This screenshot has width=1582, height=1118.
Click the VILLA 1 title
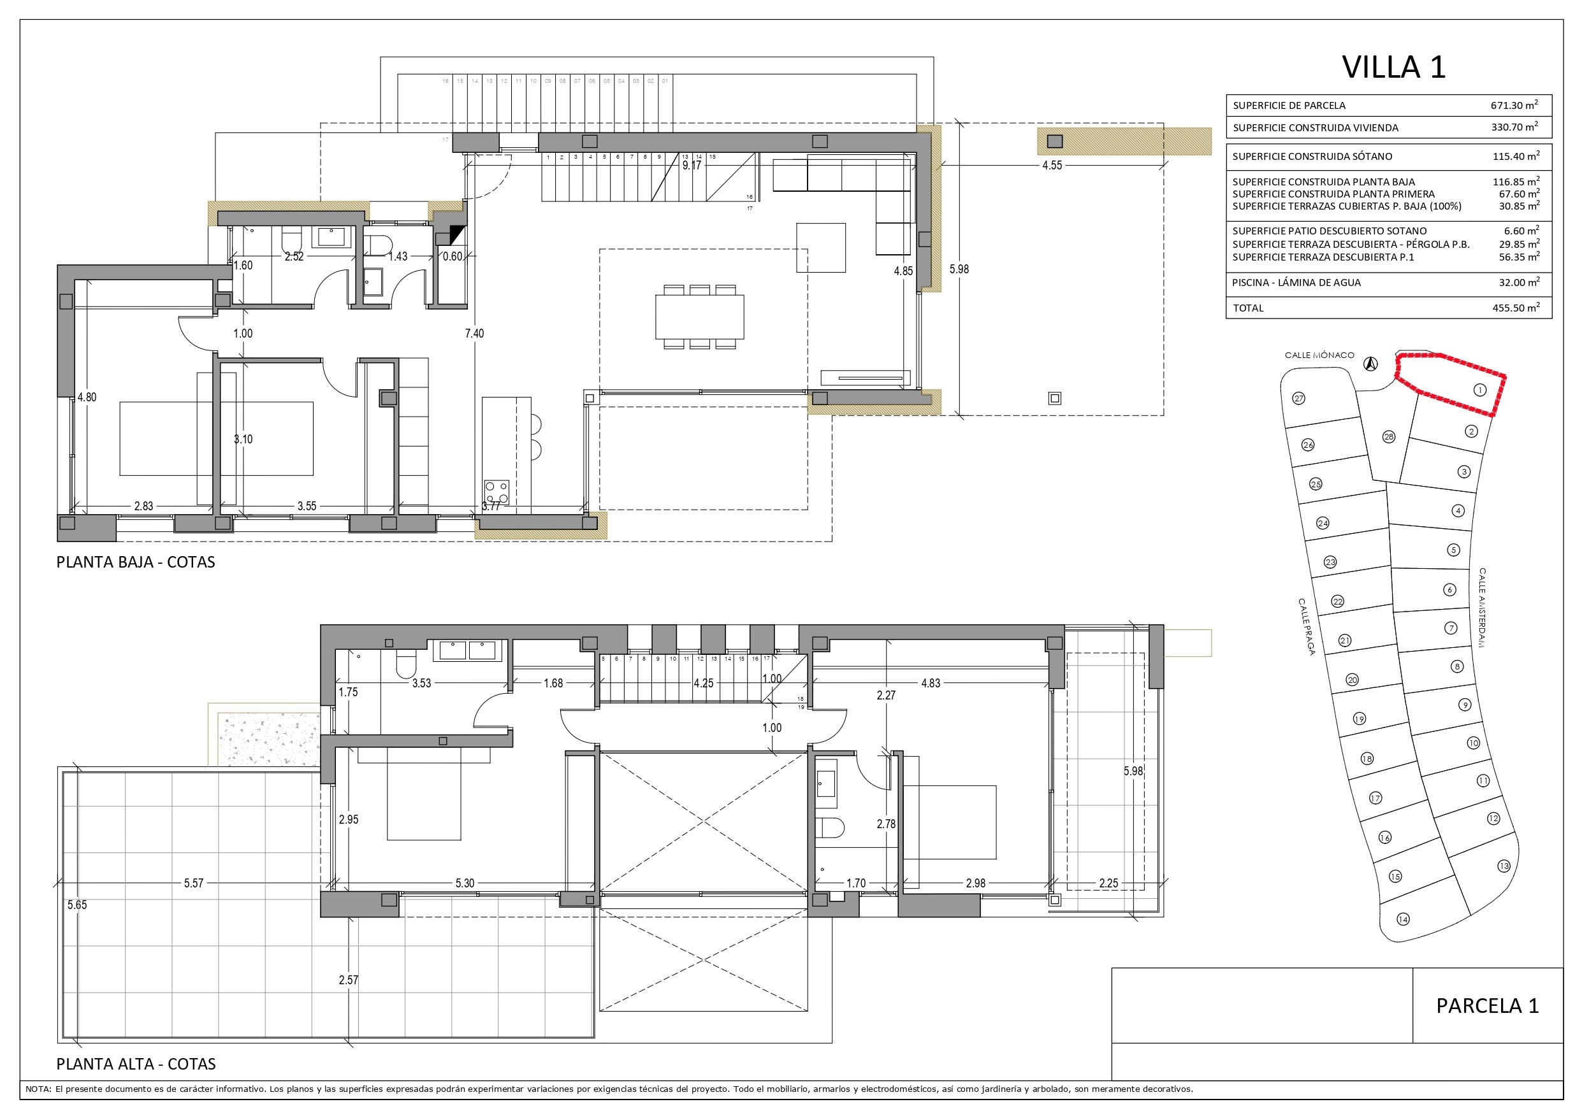click(1393, 67)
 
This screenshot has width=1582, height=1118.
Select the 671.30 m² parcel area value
click(1514, 105)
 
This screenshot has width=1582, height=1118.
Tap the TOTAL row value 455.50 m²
click(1515, 308)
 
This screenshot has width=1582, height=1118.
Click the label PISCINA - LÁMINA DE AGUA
click(1296, 282)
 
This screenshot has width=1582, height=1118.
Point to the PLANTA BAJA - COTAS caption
click(136, 562)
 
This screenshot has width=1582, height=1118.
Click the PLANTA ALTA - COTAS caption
click(136, 1064)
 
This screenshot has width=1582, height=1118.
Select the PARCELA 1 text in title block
click(1487, 1006)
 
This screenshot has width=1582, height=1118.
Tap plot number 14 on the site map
click(1403, 919)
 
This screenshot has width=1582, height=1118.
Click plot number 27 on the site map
click(1299, 398)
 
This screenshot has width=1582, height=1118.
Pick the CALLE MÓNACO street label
click(1319, 355)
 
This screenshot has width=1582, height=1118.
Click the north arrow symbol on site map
click(1371, 364)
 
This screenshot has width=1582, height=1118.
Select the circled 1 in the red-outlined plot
click(1479, 390)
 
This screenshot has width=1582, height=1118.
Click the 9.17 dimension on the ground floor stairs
click(691, 166)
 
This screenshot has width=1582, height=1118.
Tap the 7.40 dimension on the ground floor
click(474, 333)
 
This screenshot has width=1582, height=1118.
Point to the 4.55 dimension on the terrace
click(1052, 166)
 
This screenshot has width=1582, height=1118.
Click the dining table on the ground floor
click(699, 316)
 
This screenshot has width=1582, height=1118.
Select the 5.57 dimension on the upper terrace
click(194, 883)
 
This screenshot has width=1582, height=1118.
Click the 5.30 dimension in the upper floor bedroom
click(465, 883)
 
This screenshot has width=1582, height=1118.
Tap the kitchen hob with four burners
click(497, 492)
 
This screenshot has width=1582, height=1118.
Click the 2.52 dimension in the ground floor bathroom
click(294, 256)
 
